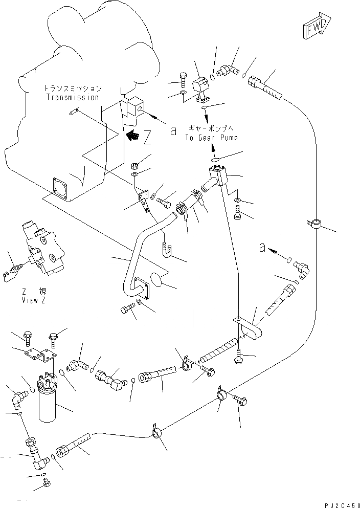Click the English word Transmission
(72, 97)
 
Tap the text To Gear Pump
(211, 138)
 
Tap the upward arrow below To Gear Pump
(211, 148)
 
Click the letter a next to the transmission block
(173, 131)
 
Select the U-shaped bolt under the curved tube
(167, 249)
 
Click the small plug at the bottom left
(47, 481)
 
